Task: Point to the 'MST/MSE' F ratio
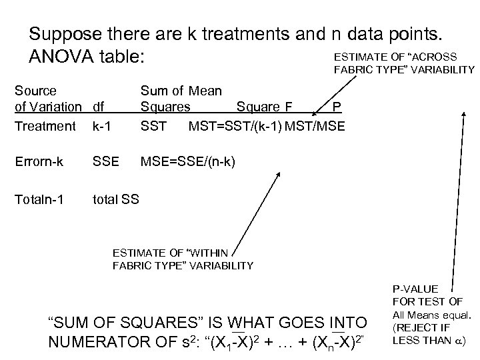[x=315, y=125]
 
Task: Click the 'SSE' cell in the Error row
[x=105, y=163]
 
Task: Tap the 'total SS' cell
[x=116, y=198]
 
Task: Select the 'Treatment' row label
[x=45, y=125]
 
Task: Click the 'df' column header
[x=99, y=106]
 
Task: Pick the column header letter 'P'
[x=338, y=106]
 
